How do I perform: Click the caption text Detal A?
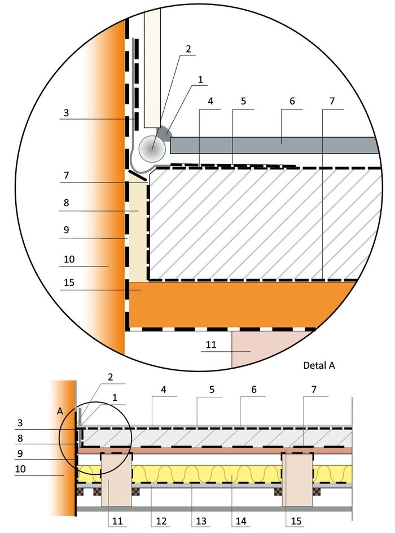point(319,365)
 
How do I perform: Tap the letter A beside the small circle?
point(60,411)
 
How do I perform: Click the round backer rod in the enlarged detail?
point(152,149)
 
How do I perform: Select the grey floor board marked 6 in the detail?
point(274,146)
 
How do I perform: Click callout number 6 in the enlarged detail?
point(292,101)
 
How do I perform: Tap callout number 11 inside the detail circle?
point(211,344)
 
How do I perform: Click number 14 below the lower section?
point(241,521)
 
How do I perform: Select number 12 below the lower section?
point(161,521)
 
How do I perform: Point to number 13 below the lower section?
point(201,521)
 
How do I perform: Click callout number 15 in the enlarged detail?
point(69,282)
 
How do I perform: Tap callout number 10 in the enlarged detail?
point(69,259)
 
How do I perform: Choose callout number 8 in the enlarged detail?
point(66,203)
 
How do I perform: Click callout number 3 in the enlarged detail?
point(66,112)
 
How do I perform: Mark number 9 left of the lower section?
point(20,453)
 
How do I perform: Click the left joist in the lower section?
point(116,480)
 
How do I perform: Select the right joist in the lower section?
point(297,480)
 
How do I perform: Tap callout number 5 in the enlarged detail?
point(243,101)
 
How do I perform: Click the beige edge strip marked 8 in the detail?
point(138,231)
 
